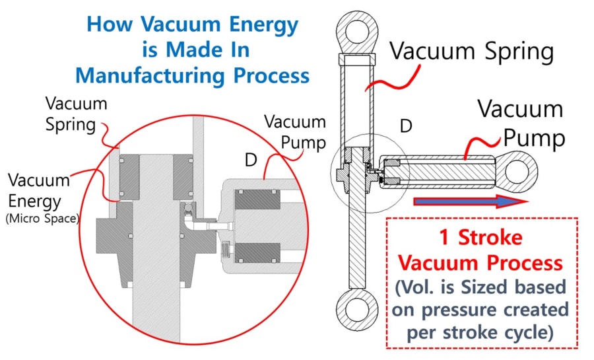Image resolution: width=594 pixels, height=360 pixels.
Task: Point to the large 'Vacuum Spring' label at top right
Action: [471, 51]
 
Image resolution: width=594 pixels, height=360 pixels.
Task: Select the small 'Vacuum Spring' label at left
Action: [76, 114]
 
